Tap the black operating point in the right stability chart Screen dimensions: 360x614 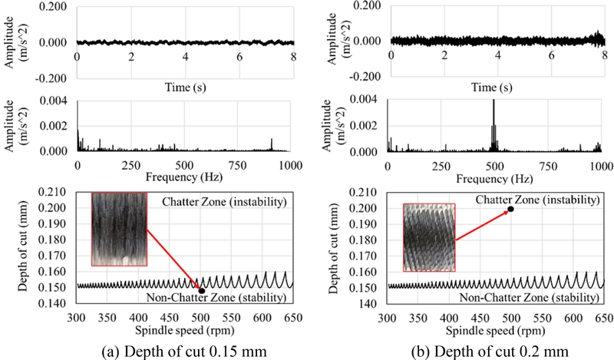(x=510, y=209)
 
